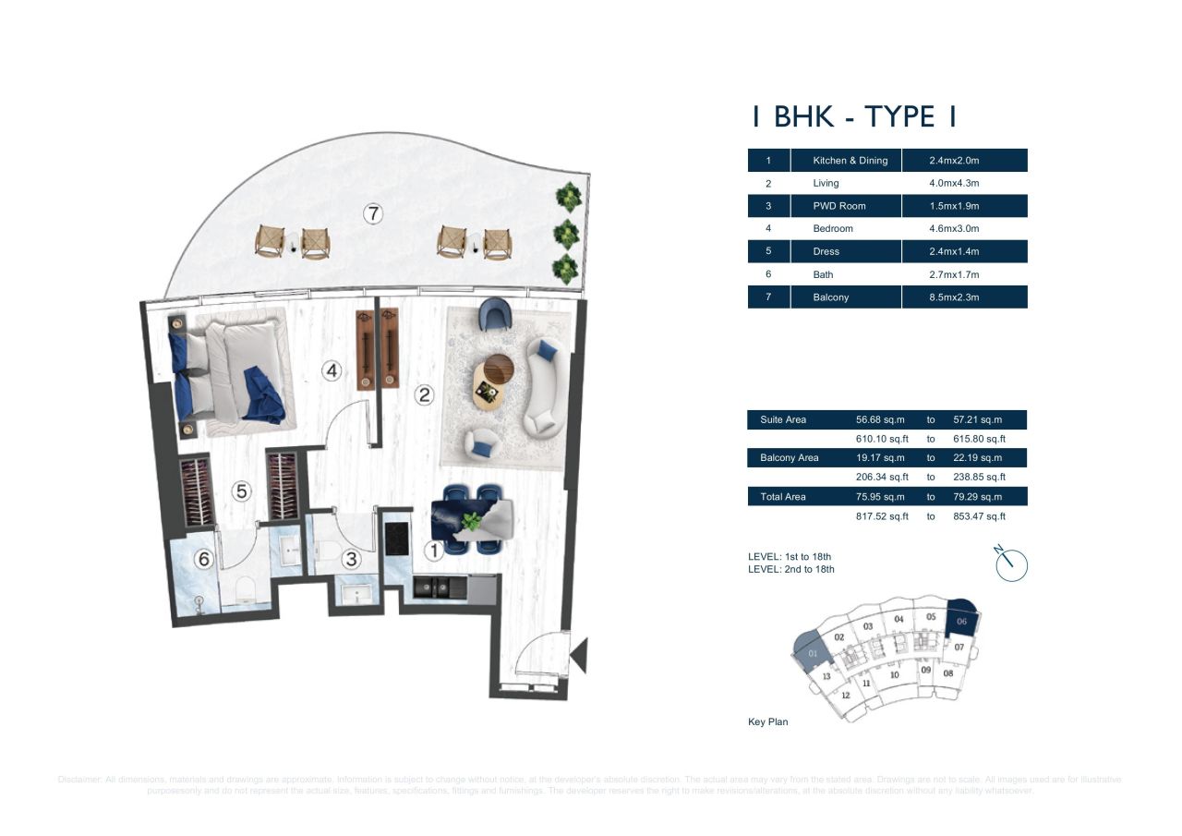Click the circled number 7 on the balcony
click(x=372, y=214)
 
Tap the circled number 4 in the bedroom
click(x=332, y=371)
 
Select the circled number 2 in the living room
click(x=424, y=395)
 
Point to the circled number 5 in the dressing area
click(x=241, y=491)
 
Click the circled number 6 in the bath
click(x=203, y=559)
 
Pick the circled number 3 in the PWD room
click(x=351, y=559)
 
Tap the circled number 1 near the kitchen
click(x=433, y=551)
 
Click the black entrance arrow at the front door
click(x=579, y=656)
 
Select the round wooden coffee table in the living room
click(x=500, y=368)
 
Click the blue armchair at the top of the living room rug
click(x=493, y=315)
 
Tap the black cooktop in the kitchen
click(x=397, y=538)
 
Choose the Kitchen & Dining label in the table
click(x=850, y=160)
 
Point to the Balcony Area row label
click(x=789, y=458)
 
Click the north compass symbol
click(x=1011, y=563)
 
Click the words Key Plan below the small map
click(x=767, y=721)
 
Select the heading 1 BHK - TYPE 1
click(x=853, y=117)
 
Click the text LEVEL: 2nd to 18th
click(x=790, y=569)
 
